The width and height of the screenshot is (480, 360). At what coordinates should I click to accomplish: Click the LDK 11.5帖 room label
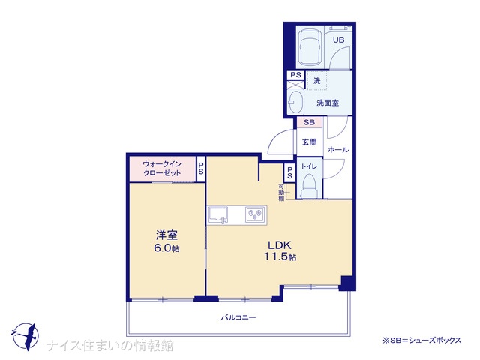[280, 250]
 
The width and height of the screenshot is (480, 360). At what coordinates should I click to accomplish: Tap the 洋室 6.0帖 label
[166, 241]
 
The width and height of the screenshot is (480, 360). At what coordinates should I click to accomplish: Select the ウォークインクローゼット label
[162, 168]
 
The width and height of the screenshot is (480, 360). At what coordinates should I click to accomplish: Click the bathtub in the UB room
[310, 47]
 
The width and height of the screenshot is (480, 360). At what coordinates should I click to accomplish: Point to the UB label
[338, 40]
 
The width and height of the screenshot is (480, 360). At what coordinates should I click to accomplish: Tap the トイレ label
[309, 166]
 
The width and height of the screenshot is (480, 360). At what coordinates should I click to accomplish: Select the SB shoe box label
[309, 122]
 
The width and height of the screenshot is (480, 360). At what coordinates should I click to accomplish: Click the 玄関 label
[309, 142]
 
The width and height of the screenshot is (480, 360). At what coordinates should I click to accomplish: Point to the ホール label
[338, 150]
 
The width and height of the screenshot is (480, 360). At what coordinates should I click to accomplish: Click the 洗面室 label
[328, 103]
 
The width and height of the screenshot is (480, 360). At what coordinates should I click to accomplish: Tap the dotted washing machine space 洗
[317, 80]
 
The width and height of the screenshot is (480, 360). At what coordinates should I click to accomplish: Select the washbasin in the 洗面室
[295, 102]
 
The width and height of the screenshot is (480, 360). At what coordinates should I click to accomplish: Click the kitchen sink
[218, 215]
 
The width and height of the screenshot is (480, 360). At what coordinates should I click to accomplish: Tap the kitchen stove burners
[255, 215]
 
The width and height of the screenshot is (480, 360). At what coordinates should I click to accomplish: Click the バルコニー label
[238, 317]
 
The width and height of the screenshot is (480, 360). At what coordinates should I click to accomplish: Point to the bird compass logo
[25, 336]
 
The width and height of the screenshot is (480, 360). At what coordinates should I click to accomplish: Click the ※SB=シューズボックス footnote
[421, 340]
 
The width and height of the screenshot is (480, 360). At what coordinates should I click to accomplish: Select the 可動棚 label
[281, 192]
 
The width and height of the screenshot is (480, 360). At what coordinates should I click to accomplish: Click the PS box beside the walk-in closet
[201, 169]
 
